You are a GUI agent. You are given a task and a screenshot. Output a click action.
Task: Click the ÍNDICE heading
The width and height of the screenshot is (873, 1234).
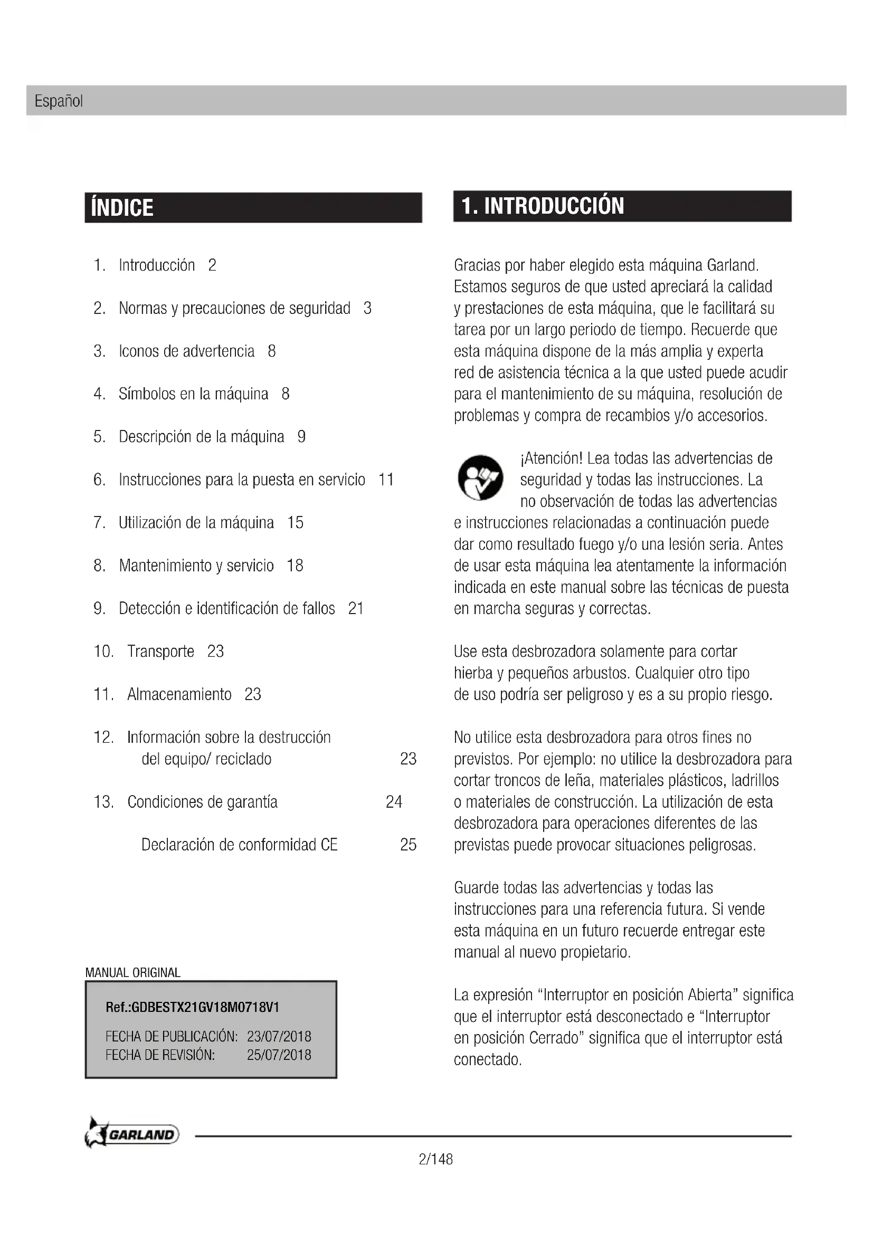coord(122,208)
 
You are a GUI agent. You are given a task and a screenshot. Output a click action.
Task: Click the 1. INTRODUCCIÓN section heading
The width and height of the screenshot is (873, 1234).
coord(543,206)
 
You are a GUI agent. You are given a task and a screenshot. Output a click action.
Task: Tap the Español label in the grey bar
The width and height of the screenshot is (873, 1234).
coord(59,101)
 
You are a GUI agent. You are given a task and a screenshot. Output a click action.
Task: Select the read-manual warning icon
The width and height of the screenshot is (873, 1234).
coord(480,478)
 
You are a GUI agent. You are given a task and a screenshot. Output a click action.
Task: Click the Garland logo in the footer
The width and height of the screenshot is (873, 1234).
coord(132,1134)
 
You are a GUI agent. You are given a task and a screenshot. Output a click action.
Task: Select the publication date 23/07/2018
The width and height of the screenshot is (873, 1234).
coord(279,1036)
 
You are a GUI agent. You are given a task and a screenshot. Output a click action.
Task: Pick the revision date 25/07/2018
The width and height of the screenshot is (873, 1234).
coord(279,1055)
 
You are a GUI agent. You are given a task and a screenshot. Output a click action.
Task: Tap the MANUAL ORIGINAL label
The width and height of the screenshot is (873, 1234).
coord(133,972)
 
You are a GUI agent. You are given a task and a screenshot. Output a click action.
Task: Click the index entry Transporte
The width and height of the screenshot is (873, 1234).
coord(160,652)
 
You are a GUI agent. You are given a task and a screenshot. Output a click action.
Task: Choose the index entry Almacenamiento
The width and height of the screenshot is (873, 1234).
coord(179,694)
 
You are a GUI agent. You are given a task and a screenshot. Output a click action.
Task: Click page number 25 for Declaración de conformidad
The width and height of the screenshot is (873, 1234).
coord(408,844)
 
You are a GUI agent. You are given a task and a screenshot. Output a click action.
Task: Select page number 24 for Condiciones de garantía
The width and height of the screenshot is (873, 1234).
coord(394,802)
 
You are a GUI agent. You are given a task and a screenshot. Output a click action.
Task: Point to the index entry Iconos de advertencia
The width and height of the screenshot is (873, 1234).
coord(186,351)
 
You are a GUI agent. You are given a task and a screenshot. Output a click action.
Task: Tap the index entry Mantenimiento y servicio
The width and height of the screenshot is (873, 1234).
coord(196,566)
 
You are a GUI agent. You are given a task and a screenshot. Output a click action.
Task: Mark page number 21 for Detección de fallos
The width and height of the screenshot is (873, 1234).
coord(356,608)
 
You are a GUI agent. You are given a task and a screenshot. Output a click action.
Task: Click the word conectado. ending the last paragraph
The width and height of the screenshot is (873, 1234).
coord(488,1059)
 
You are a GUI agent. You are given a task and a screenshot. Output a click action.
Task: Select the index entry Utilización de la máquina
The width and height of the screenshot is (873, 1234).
coord(196,522)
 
